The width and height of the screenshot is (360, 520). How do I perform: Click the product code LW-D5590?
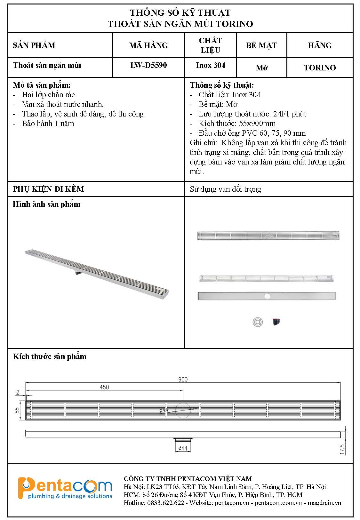[148, 65]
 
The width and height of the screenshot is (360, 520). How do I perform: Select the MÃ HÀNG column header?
[148, 45]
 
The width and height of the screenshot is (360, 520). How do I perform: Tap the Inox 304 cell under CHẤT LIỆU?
[211, 65]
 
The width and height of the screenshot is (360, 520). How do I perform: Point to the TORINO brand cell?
[320, 68]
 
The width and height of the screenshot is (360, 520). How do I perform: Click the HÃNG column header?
[320, 45]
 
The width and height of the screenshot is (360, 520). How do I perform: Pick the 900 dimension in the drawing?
[183, 379]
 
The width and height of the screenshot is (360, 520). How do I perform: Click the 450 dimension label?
[104, 387]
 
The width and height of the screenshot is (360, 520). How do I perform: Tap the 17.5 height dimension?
[342, 449]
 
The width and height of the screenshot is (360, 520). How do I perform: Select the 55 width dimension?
[17, 410]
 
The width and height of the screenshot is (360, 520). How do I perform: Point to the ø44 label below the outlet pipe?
[182, 448]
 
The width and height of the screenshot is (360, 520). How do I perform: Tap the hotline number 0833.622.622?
[166, 503]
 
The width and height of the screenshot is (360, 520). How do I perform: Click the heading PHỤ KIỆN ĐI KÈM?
[48, 189]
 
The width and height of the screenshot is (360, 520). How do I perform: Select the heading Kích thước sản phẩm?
[50, 356]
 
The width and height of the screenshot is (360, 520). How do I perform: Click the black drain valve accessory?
[276, 322]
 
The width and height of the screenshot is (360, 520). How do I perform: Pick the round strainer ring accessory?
[258, 322]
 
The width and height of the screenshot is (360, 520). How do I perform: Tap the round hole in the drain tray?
[267, 296]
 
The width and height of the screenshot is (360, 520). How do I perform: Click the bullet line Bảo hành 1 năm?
[48, 124]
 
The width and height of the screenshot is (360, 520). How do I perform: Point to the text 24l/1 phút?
[290, 114]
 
